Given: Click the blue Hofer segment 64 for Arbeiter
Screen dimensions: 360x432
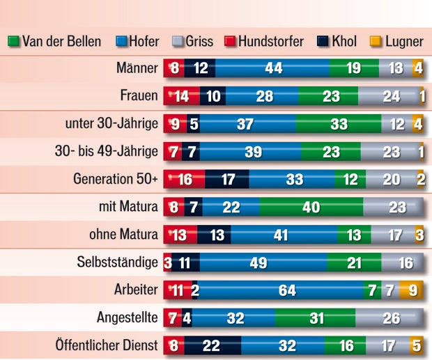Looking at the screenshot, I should coord(286,290).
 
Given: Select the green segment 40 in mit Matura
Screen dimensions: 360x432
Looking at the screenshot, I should coord(311,207).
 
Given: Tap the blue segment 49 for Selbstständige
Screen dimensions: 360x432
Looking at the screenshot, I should coord(263,263).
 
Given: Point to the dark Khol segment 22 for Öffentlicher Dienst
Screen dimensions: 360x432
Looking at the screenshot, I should coord(213,345).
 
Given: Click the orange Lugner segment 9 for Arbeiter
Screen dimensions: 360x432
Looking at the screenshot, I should coord(412,290).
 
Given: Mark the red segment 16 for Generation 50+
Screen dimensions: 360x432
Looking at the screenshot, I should coord(185,179).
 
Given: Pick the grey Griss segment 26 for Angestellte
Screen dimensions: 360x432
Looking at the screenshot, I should coord(392,318).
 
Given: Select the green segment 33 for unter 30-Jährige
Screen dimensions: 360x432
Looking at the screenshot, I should coord(339,124).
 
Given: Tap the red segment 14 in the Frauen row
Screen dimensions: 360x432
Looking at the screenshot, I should coord(182,96).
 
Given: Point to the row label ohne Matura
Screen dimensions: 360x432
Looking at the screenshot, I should coord(123,235).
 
